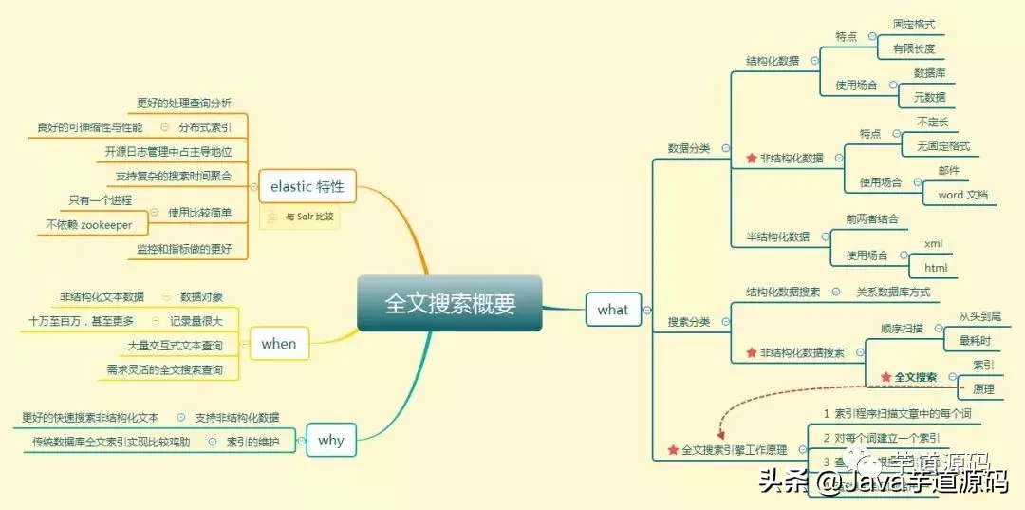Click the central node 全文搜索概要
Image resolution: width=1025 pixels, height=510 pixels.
pyautogui.click(x=450, y=303)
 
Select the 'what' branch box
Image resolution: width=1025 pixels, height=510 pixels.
pyautogui.click(x=612, y=309)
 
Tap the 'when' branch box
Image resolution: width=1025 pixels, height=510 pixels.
pyautogui.click(x=279, y=344)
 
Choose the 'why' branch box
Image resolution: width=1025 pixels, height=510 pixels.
pyautogui.click(x=330, y=440)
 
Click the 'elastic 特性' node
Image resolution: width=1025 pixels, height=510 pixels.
pyautogui.click(x=307, y=186)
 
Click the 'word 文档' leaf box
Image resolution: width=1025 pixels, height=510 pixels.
pyautogui.click(x=962, y=195)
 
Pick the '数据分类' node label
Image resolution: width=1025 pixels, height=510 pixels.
pyautogui.click(x=689, y=148)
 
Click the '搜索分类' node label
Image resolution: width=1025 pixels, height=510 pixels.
pyautogui.click(x=689, y=322)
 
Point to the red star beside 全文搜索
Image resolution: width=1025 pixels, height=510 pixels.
pyautogui.click(x=885, y=377)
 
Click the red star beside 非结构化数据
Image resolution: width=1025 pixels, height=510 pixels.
pyautogui.click(x=752, y=158)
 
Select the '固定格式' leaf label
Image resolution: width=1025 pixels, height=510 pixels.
pyautogui.click(x=914, y=24)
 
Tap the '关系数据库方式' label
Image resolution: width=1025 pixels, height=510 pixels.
pyautogui.click(x=893, y=292)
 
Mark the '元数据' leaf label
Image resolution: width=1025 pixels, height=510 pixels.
pyautogui.click(x=929, y=97)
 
